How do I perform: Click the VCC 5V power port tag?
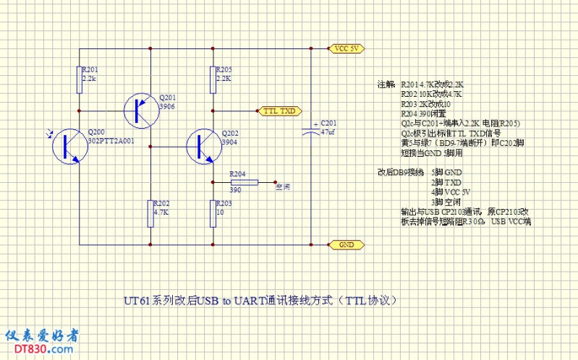[x=346, y=49]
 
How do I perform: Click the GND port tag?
[x=346, y=245]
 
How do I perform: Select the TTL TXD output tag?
[x=279, y=111]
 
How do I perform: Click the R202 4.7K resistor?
[x=150, y=213]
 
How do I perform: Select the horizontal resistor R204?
[x=242, y=181]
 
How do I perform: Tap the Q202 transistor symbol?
[x=200, y=146]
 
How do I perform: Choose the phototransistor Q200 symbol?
[x=69, y=145]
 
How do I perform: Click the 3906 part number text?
[x=166, y=106]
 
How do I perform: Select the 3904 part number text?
[x=229, y=142]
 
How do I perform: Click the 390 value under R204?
[x=235, y=189]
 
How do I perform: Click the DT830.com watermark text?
[x=41, y=349]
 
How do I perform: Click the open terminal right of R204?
[x=276, y=181]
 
